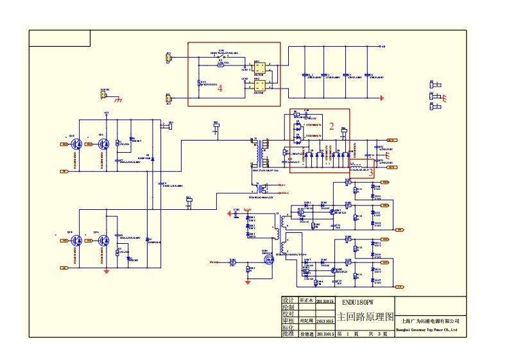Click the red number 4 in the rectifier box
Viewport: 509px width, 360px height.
point(220,89)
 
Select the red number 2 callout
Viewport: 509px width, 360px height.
point(332,126)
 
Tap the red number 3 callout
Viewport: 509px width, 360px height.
point(370,172)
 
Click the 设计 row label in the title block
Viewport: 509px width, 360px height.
point(288,300)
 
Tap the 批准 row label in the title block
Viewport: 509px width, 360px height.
point(288,334)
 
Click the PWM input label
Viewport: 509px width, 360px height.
point(214,262)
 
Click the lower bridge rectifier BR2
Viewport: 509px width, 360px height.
point(260,86)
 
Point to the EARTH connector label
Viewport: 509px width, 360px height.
point(105,90)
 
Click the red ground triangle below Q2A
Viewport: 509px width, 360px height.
point(107,271)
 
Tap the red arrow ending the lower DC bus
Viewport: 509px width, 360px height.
point(383,98)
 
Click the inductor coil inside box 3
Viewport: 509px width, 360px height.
point(355,166)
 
